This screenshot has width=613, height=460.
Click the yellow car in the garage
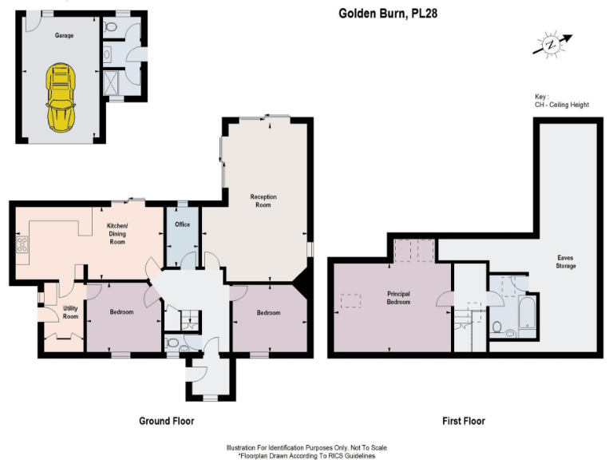[59, 98]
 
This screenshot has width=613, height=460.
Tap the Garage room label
[64, 37]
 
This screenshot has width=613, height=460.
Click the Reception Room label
[261, 200]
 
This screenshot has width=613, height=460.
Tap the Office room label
[182, 224]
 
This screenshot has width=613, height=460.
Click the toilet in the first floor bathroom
[497, 327]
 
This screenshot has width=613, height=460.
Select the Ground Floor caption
[166, 421]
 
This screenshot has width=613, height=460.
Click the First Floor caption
[464, 421]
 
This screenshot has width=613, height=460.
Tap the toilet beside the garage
[111, 28]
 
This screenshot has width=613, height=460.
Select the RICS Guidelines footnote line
[306, 455]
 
